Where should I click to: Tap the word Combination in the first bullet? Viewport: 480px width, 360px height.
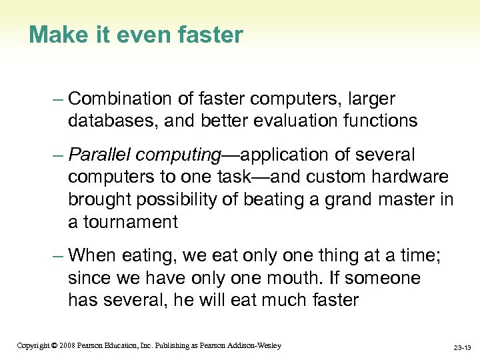click(x=121, y=99)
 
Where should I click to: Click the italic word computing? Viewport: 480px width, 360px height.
click(x=178, y=155)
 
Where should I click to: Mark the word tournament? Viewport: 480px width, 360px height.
click(x=128, y=222)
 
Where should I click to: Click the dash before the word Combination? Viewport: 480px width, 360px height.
click(x=57, y=99)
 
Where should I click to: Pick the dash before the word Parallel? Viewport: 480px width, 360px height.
click(x=57, y=155)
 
